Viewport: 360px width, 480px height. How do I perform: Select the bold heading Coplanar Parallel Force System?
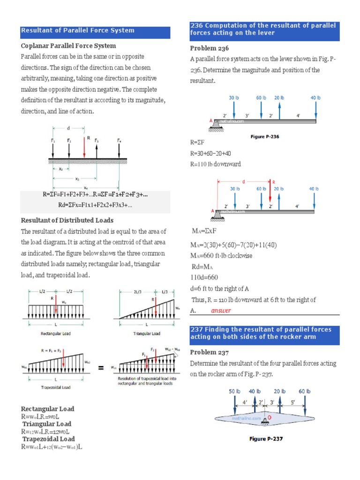(x=68, y=46)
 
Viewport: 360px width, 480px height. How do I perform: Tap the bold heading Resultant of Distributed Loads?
(x=67, y=220)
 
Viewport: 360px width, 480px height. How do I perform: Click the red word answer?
(x=221, y=311)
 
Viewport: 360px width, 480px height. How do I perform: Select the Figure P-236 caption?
(x=265, y=136)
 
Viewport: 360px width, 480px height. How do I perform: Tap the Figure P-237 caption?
(x=266, y=439)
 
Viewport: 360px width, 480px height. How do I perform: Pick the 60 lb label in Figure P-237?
(x=305, y=391)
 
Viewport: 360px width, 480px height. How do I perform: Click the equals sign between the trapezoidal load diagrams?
(x=101, y=368)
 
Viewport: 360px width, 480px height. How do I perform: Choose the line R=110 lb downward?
(x=216, y=164)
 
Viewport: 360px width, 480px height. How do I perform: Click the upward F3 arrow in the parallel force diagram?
(x=97, y=149)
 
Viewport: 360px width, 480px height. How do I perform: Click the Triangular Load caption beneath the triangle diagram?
(x=145, y=334)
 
